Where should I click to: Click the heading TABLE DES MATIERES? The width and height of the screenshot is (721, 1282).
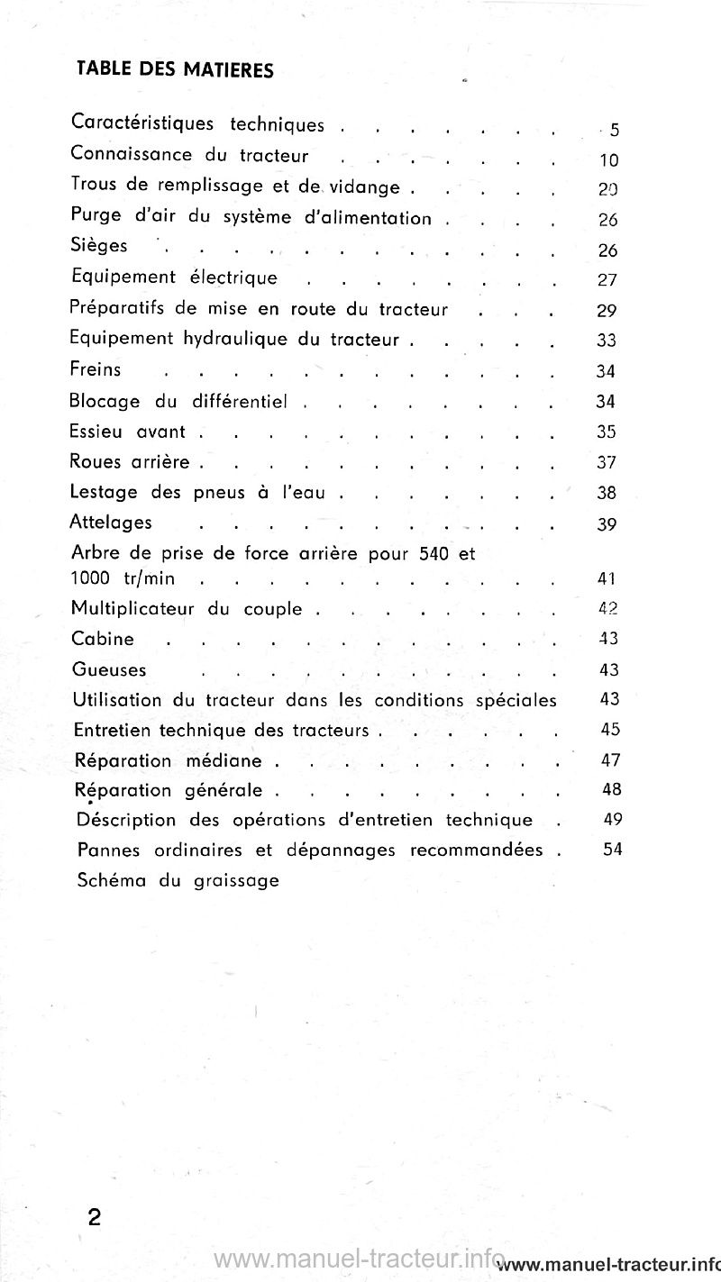[x=175, y=69]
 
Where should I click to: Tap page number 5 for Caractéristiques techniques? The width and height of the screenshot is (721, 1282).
[x=614, y=131]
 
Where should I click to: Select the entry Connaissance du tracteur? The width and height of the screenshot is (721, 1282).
[x=189, y=155]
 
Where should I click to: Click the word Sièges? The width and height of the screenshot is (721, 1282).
[x=98, y=246]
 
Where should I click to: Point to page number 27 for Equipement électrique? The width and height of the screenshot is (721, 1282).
[x=607, y=280]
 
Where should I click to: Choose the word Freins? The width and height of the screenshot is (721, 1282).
[x=96, y=369]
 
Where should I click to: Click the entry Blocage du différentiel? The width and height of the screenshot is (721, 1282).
[x=178, y=401]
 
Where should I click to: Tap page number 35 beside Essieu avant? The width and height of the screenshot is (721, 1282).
[x=607, y=432]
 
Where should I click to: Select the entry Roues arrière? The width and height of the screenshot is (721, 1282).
[x=130, y=462]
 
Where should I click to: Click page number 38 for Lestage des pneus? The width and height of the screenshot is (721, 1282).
[x=607, y=494]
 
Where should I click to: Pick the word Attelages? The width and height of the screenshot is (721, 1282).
[x=111, y=523]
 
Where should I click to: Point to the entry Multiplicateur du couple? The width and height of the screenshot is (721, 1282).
[x=187, y=608]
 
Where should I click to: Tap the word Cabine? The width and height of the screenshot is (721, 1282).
[x=102, y=639]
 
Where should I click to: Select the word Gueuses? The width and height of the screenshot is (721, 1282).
[x=108, y=670]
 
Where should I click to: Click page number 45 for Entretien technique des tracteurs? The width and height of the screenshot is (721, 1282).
[x=610, y=730]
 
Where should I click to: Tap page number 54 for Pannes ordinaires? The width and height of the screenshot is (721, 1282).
[x=613, y=849]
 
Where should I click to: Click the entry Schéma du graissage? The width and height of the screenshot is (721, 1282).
[x=178, y=880]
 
